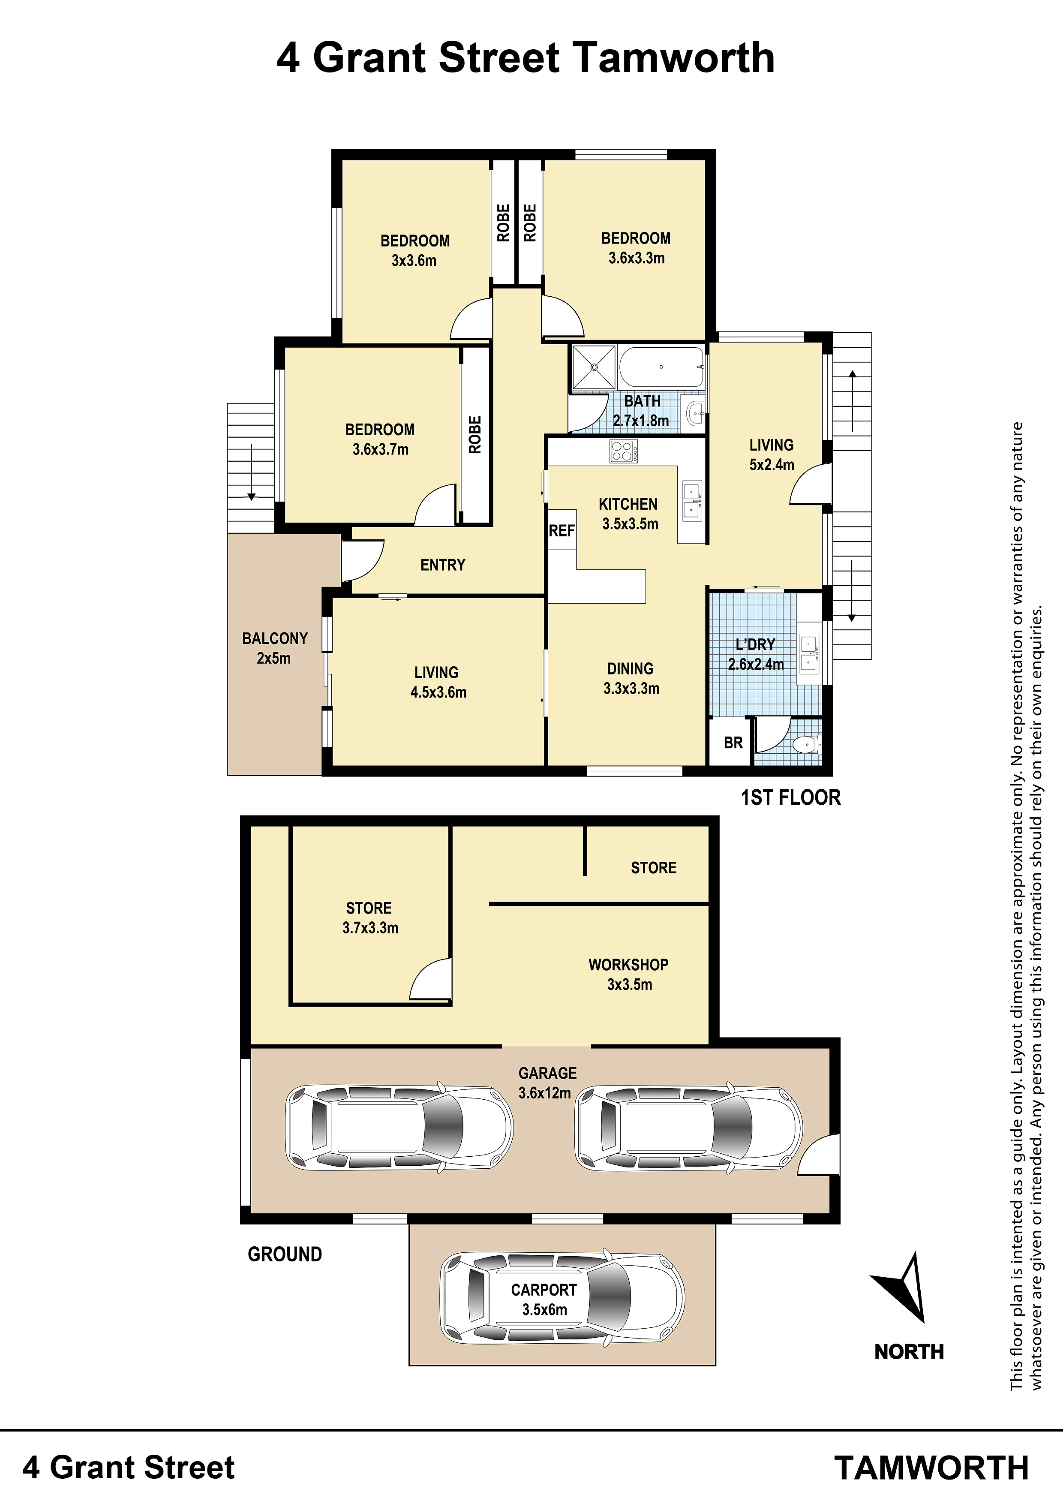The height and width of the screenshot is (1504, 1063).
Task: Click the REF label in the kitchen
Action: [562, 531]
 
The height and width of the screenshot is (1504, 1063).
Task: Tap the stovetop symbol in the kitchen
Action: [623, 451]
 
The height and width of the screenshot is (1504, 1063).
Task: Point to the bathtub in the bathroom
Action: [661, 367]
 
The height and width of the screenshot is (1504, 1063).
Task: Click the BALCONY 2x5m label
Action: [274, 648]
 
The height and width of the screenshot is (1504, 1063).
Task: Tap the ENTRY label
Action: [443, 565]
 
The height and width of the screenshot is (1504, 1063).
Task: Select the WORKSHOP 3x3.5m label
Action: [629, 974]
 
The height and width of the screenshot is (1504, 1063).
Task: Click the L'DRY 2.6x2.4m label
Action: [756, 654]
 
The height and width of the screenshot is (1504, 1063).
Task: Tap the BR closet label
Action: [733, 743]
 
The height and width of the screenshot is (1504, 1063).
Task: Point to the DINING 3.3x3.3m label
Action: [631, 678]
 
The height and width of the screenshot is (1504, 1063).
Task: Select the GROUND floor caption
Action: [285, 1254]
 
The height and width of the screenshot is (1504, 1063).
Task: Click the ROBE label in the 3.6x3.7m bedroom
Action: [475, 435]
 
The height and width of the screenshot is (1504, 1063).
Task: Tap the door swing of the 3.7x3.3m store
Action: [430, 979]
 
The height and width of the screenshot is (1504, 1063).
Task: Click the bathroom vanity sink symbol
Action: [696, 413]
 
